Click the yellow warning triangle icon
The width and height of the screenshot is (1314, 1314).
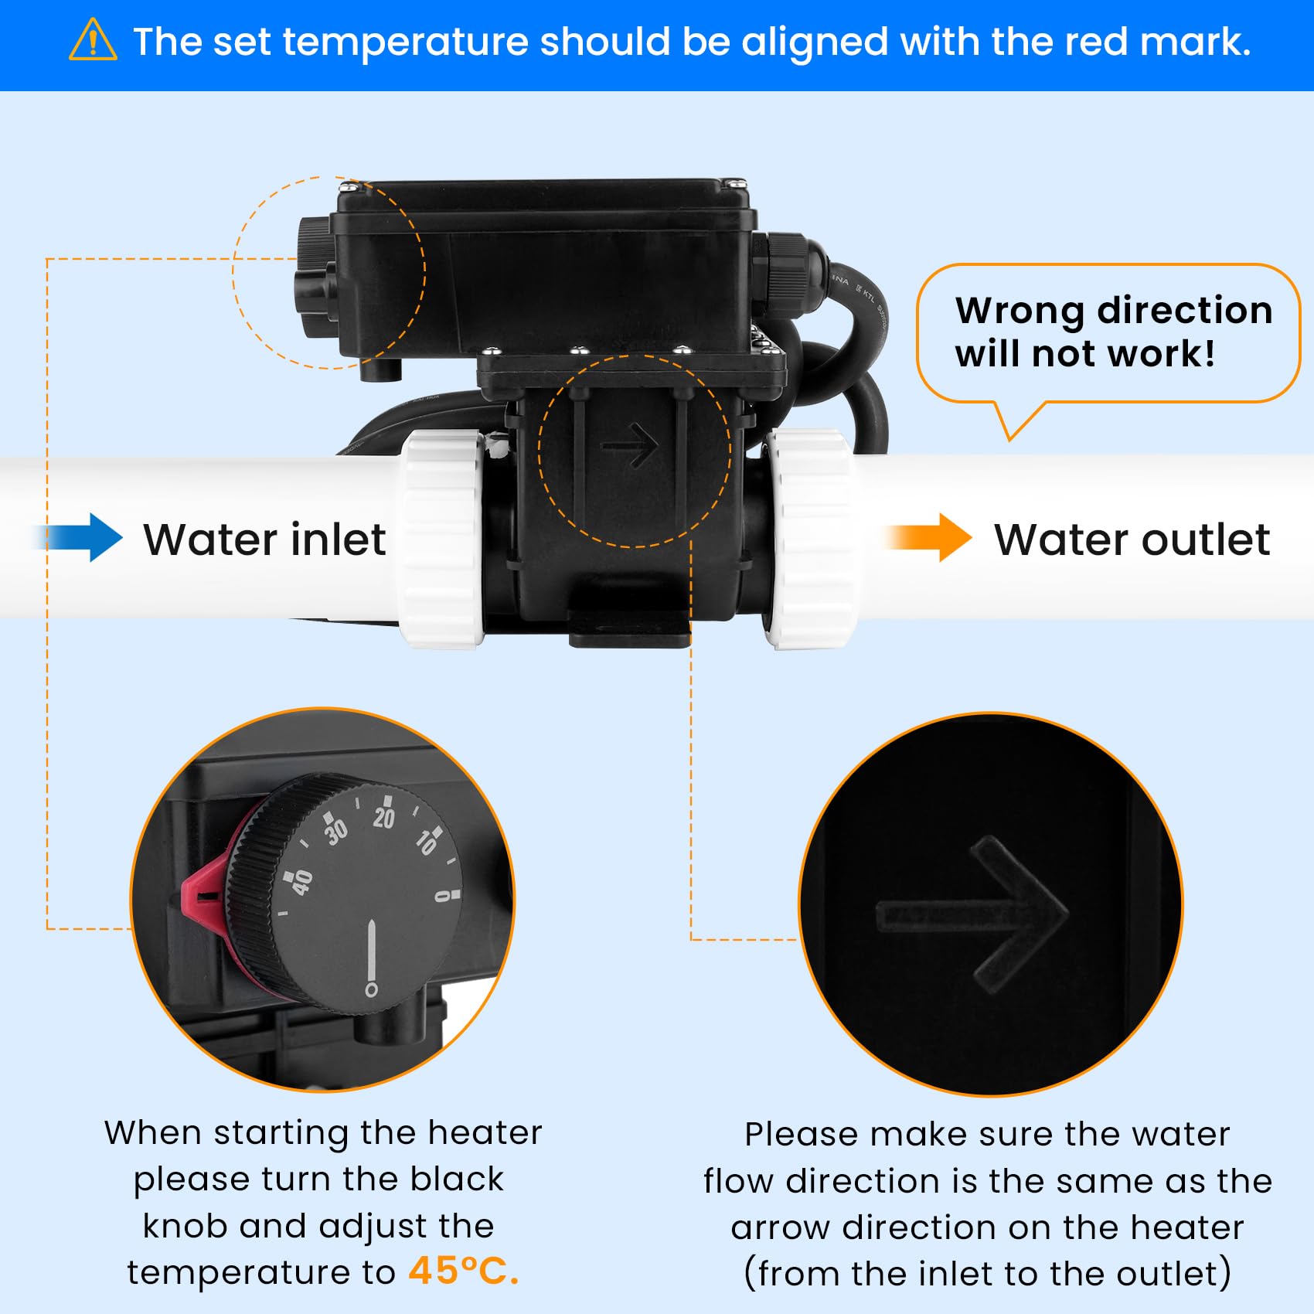93,40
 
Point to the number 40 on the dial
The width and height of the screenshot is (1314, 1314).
301,881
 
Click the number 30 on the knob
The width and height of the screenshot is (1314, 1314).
335,830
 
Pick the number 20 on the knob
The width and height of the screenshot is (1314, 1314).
383,815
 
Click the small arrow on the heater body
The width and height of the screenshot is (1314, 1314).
630,445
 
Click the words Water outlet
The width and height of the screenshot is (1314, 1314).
1132,540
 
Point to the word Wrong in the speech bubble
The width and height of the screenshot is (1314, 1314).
1021,311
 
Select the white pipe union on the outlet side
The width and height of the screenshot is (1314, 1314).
812,539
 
